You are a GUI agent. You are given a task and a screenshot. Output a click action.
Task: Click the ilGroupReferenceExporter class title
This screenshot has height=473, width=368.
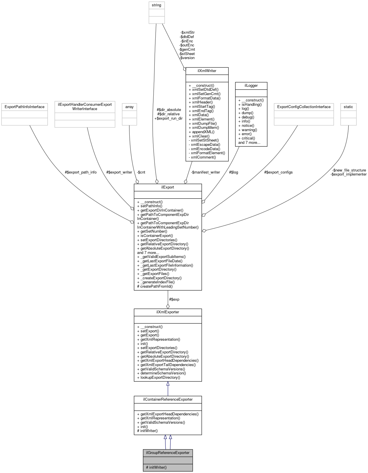tap(168, 453)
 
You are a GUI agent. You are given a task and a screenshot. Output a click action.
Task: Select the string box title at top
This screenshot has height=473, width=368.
tap(156, 5)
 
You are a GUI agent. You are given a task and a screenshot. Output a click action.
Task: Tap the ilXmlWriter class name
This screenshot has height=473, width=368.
tap(207, 71)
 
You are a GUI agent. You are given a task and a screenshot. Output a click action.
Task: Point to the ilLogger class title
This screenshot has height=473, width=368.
tap(251, 86)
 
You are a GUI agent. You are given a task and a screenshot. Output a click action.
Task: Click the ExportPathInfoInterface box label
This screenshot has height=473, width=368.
tap(24, 107)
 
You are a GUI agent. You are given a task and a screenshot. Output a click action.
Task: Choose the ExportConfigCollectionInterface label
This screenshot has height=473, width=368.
tap(304, 107)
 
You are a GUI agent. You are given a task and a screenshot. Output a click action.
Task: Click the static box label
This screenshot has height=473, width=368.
tap(348, 107)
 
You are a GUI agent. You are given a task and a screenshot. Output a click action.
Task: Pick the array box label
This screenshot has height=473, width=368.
tap(129, 107)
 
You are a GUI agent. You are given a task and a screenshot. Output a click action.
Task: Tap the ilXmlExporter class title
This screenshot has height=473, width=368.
tap(168, 312)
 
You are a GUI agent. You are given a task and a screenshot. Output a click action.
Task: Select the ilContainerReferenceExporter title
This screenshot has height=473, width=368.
tap(168, 399)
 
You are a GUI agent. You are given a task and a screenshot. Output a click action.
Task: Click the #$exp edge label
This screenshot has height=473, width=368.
tap(174, 299)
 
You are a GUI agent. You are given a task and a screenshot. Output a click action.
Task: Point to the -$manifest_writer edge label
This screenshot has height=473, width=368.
tap(205, 172)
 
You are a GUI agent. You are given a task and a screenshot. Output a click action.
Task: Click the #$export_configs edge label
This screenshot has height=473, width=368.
tap(278, 172)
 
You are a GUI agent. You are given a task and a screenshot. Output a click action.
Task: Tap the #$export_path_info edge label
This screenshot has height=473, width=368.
tap(81, 172)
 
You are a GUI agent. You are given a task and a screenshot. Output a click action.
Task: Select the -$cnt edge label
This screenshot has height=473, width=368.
tap(141, 172)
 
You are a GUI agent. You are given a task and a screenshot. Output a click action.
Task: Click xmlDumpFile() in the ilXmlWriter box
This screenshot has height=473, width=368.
tap(204, 123)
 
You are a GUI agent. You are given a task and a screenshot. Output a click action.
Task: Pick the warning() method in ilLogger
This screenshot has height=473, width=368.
tap(249, 130)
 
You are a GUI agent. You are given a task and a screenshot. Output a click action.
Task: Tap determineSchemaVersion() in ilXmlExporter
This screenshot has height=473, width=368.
tap(163, 373)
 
